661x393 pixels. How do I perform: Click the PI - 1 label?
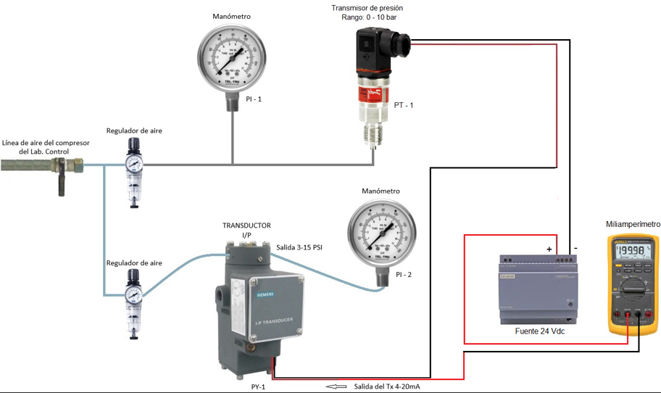[x=252, y=98]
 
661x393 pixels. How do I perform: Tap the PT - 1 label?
[x=404, y=106]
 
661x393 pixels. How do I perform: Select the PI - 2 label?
[x=404, y=275]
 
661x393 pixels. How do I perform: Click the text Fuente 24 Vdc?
[x=539, y=331]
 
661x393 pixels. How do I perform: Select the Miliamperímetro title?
[x=633, y=224]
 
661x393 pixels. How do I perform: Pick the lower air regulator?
[x=133, y=298]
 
